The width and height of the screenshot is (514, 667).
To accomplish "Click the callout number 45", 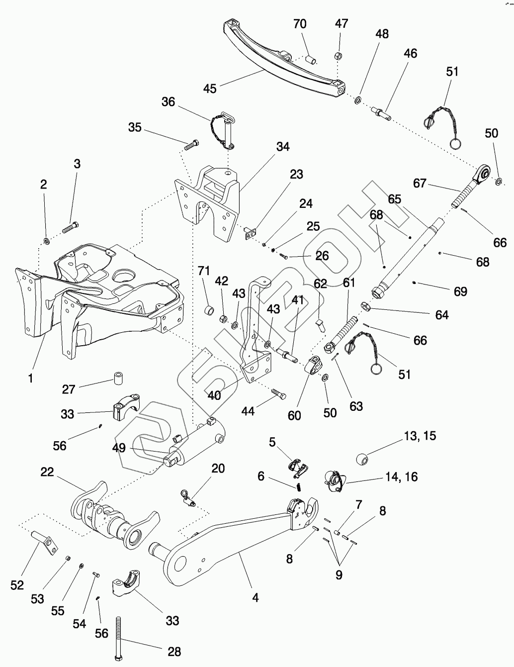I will pyautogui.click(x=210, y=89).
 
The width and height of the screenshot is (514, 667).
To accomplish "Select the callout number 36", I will pyautogui.click(x=169, y=101).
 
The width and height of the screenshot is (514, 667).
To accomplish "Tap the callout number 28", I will pyautogui.click(x=174, y=652).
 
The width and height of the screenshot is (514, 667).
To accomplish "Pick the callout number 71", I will pyautogui.click(x=204, y=271).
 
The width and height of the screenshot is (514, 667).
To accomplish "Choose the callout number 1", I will pyautogui.click(x=30, y=379).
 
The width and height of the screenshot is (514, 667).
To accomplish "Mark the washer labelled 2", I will pyautogui.click(x=46, y=241).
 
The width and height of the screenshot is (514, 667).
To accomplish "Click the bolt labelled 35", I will pyautogui.click(x=191, y=146).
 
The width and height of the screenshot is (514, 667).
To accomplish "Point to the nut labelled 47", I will pyautogui.click(x=338, y=55).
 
